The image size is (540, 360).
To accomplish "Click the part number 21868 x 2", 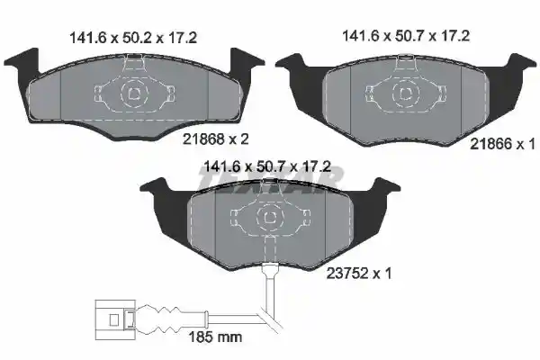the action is [x=216, y=139].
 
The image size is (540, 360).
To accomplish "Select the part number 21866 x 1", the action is [x=503, y=144].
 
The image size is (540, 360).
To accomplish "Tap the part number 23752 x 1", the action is [x=359, y=274].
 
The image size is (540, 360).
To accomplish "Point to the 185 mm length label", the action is [x=215, y=337].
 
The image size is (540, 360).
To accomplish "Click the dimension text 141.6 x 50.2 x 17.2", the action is [x=133, y=38].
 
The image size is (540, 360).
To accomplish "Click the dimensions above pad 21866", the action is [x=406, y=36].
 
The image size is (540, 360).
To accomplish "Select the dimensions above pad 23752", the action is [x=267, y=166].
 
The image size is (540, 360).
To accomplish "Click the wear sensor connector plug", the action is [x=114, y=319].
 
